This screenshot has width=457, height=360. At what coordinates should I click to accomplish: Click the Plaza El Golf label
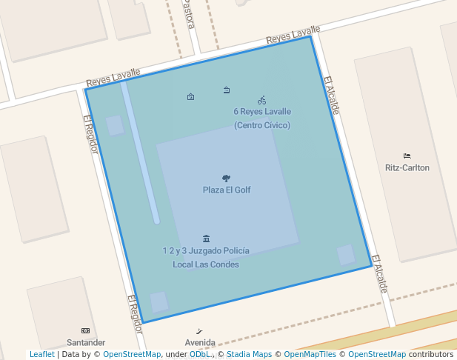coord(227,190)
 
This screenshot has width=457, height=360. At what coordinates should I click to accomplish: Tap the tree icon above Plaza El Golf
coord(226,178)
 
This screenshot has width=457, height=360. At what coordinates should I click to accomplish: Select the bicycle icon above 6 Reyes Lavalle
coord(261,100)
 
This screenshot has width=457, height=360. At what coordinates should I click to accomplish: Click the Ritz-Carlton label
coord(407,168)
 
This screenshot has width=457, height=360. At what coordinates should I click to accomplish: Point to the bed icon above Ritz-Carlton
coord(407,156)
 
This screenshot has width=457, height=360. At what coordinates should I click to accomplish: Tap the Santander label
coord(86,343)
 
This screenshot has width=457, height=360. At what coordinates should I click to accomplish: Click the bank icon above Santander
coord(85,330)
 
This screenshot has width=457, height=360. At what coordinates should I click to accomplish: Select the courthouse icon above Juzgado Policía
coord(206,239)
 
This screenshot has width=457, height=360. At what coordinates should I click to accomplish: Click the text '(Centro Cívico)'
coord(262,125)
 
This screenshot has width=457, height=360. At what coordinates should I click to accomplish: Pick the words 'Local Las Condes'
coord(206,264)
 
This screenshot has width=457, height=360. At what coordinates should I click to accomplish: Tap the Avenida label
coord(200,343)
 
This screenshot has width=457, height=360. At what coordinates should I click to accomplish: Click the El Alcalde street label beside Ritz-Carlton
coord(332,96)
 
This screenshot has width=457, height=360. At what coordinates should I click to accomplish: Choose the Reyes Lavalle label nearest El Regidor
coord(113,77)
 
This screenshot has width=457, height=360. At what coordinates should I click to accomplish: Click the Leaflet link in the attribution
coord(41,355)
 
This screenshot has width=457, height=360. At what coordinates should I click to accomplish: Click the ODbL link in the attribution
coord(199,355)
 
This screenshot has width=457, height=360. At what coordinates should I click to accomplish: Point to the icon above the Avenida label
coord(200,330)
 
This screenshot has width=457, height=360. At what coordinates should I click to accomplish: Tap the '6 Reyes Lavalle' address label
coord(262,112)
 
